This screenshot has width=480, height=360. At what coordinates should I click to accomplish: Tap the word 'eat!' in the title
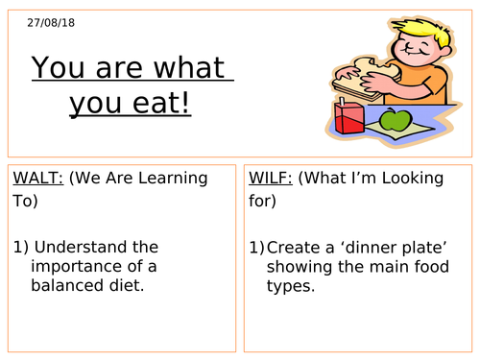[161, 102]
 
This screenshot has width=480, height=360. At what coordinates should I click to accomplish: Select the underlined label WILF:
[273, 178]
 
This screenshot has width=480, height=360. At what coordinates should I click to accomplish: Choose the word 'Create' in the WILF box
[294, 247]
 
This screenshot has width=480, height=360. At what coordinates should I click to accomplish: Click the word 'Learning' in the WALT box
[175, 178]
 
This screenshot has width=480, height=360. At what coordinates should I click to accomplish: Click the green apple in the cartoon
[394, 121]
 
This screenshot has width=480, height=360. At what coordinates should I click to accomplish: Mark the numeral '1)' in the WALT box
[21, 247]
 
